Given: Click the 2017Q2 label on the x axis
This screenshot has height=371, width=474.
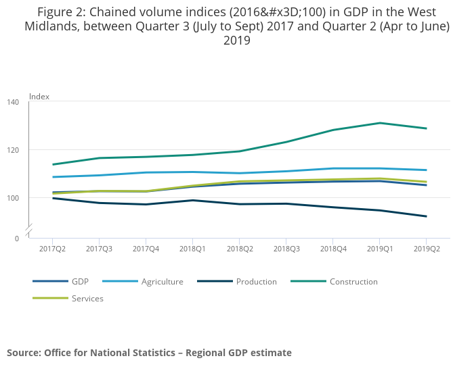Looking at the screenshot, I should (x=53, y=249).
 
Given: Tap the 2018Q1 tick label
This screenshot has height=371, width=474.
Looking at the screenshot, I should (x=193, y=249).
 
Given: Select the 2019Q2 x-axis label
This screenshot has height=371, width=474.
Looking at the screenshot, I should (x=427, y=249).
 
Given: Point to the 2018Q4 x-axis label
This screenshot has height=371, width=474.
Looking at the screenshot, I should (x=333, y=249).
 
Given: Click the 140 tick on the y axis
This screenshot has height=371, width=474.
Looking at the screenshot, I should (x=13, y=102).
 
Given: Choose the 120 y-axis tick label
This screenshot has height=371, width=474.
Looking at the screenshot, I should (x=13, y=150).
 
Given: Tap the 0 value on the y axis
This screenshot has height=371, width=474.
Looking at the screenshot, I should (x=17, y=239).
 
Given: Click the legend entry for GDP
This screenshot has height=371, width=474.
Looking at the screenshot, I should (x=80, y=282).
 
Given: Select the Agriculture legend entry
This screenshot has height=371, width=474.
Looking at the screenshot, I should (x=162, y=282).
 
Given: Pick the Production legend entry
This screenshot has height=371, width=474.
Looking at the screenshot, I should (x=256, y=282).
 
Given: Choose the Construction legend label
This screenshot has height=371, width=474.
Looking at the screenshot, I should (x=353, y=282).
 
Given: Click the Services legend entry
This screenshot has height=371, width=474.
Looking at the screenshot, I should (x=87, y=299).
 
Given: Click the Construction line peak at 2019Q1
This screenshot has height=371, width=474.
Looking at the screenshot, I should (x=380, y=123).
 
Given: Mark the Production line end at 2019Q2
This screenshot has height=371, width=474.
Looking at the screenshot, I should (x=427, y=216).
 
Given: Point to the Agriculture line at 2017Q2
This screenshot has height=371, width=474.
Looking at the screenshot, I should (x=53, y=177).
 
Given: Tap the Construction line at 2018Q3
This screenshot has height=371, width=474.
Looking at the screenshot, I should (x=286, y=142).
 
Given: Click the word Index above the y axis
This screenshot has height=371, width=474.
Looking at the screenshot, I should (x=39, y=97).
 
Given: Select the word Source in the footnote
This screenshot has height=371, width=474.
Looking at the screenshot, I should (x=23, y=353).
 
